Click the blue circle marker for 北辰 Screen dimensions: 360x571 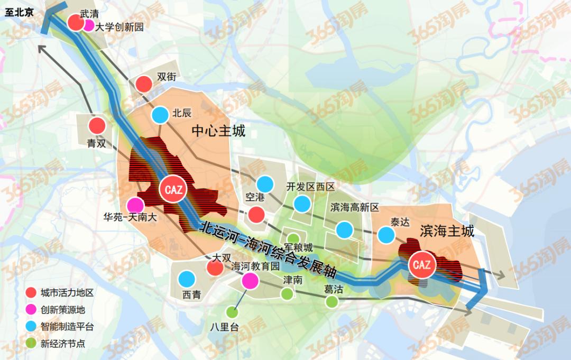tap(160, 115)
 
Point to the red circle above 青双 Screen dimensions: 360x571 tap(97, 126)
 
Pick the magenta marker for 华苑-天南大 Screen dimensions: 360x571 tap(136, 205)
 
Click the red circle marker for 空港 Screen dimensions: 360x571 tap(257, 215)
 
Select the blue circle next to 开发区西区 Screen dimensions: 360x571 tap(302, 204)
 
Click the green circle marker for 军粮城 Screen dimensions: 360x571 tap(292, 238)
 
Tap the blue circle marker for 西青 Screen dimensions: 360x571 tap(187, 279)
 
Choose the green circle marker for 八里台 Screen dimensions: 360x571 tap(231, 312)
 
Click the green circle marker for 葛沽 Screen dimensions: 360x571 tap(331, 301)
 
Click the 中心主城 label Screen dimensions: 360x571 tap(218, 131)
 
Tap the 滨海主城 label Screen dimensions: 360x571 tap(447, 230)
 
